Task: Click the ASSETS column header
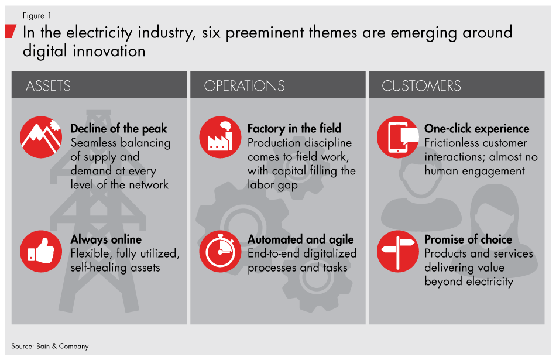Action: [x=48, y=85]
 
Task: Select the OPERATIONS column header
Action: [x=244, y=85]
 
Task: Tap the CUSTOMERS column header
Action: [x=421, y=85]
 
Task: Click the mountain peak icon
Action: [x=41, y=138]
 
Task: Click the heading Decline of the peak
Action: [x=119, y=129]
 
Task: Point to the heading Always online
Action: [x=106, y=239]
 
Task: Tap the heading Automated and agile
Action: [x=301, y=239]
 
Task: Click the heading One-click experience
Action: [x=476, y=129]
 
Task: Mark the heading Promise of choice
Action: [x=468, y=239]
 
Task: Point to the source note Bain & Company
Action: [x=50, y=346]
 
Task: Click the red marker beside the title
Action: [x=10, y=31]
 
